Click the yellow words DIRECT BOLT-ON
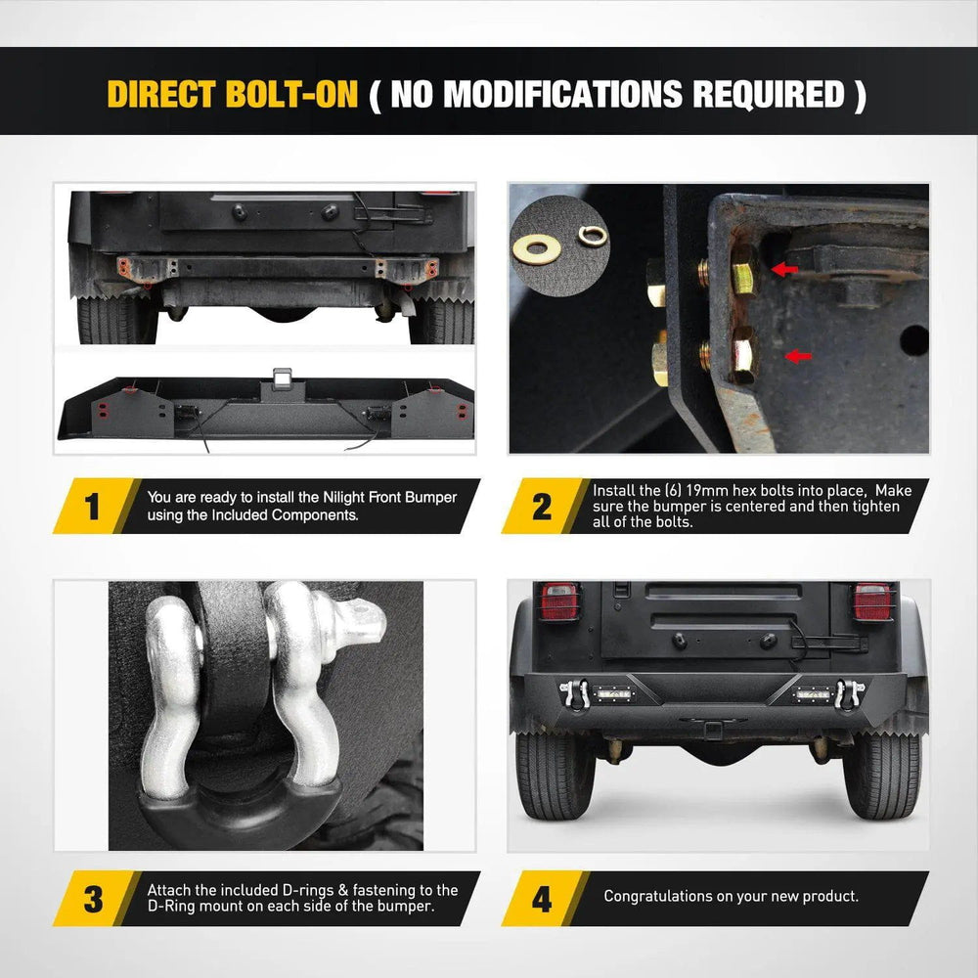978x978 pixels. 233,94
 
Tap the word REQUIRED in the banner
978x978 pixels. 769,94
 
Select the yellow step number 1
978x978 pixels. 92,506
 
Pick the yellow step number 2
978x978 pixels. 542,506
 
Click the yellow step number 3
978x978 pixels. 93,899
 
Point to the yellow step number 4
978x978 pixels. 542,899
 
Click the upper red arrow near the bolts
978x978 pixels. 784,269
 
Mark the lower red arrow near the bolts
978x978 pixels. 798,356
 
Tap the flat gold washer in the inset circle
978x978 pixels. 536,248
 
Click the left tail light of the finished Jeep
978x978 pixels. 559,601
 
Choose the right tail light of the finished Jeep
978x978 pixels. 872,601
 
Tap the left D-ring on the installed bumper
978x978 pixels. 574,693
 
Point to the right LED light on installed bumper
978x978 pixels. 812,693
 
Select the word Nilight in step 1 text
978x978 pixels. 343,497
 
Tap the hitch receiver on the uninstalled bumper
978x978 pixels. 282,376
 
